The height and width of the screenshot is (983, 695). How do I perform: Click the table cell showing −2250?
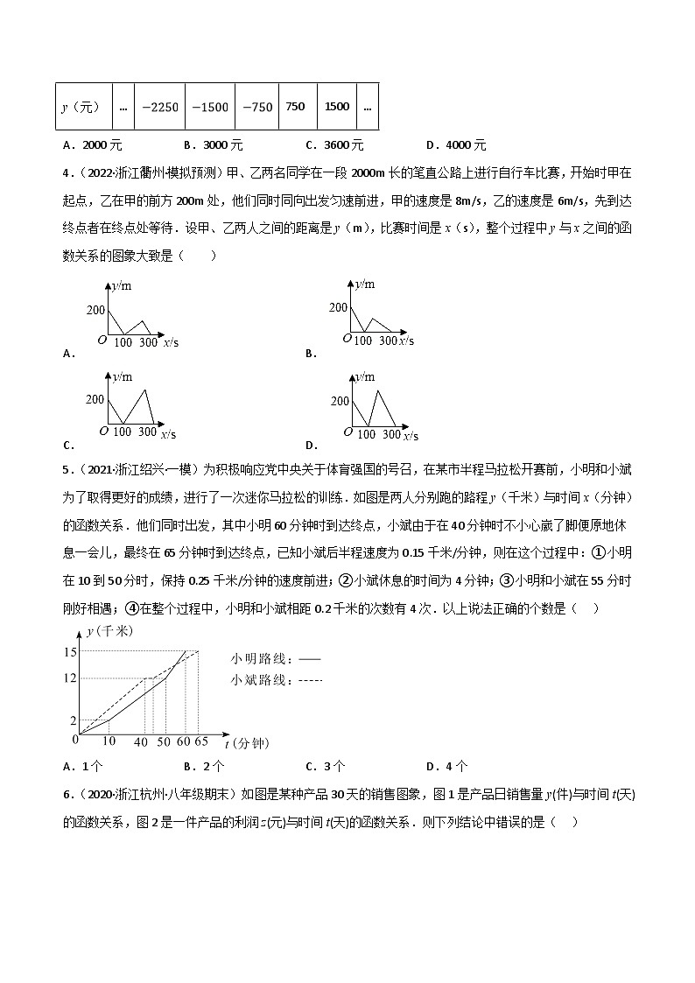(160, 107)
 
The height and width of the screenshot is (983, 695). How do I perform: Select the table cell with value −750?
(257, 107)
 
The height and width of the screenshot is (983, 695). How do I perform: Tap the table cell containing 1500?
(337, 107)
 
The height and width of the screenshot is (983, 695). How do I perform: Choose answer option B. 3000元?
(214, 145)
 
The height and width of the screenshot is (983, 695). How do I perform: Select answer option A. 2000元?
(93, 145)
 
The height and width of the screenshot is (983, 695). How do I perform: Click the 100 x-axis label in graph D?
(366, 434)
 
